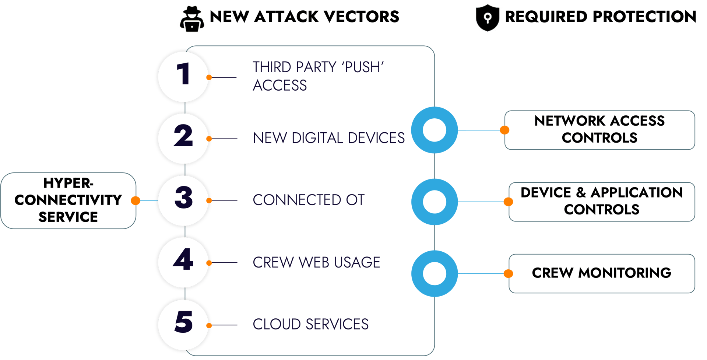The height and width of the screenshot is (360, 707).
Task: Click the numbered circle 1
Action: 183,77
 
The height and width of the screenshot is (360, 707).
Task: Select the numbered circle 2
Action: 183,139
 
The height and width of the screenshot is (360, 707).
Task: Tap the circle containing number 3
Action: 183,200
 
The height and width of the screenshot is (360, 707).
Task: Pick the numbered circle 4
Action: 183,262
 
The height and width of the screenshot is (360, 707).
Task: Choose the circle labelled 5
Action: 183,325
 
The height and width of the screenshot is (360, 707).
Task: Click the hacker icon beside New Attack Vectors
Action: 191,19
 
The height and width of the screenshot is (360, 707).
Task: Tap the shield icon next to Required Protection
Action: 488,18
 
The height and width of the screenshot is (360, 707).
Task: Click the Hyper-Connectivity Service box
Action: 68,200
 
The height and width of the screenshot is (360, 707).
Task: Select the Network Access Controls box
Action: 599,130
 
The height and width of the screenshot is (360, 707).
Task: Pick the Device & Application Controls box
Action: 602,201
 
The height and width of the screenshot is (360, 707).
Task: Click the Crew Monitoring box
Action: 602,273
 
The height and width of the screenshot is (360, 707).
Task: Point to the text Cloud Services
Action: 310,324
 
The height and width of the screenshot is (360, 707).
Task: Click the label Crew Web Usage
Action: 316,262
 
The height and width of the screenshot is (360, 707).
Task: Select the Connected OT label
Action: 309,200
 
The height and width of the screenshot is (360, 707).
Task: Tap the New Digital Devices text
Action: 328,138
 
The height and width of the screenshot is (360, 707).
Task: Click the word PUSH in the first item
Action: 363,67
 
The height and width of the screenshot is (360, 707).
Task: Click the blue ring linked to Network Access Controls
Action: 435,130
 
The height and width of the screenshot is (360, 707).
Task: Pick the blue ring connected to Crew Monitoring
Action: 435,273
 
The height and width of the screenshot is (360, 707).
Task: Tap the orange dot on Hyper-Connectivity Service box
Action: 136,200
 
